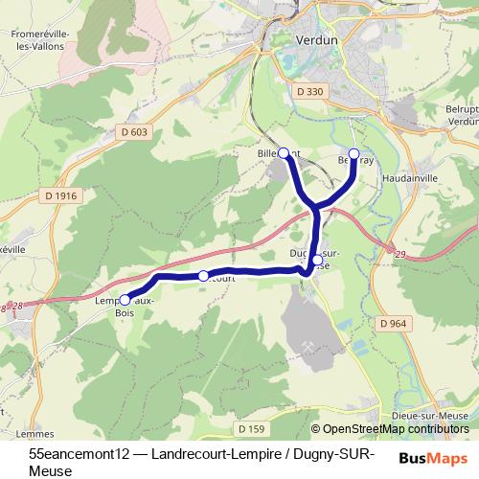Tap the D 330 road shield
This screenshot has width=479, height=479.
(x=311, y=91)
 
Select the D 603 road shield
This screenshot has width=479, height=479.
(x=135, y=132)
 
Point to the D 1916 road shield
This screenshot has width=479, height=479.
(x=59, y=195)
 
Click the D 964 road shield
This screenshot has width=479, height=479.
(x=394, y=324)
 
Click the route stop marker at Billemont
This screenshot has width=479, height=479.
(x=283, y=152)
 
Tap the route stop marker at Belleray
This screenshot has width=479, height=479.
(x=354, y=153)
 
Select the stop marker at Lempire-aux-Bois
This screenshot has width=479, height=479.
(x=125, y=300)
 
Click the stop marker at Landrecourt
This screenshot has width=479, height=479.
(x=203, y=276)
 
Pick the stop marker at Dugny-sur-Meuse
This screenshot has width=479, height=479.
(x=317, y=260)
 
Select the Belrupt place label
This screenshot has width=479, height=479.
(x=463, y=109)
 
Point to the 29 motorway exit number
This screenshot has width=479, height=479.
(x=399, y=251)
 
